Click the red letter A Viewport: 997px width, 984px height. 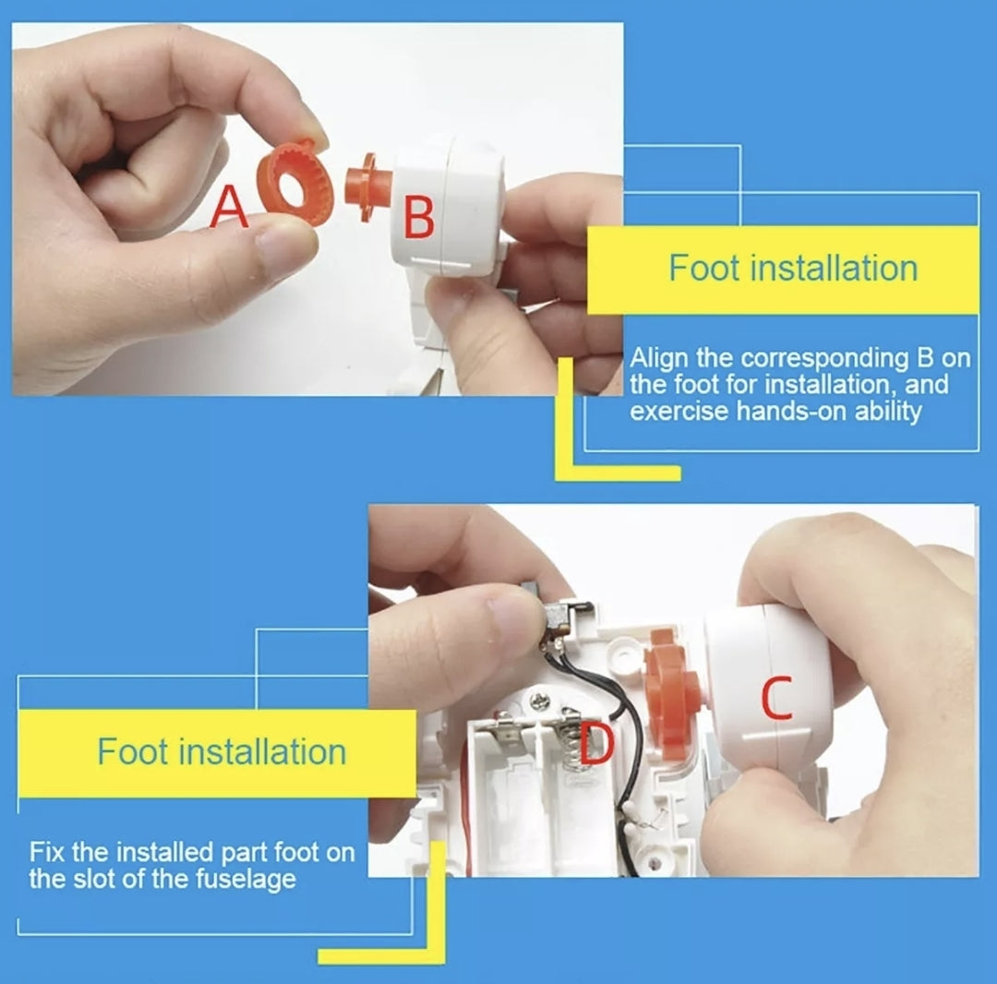click(229, 207)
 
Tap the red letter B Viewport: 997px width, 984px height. click(419, 217)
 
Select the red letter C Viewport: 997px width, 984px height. click(777, 697)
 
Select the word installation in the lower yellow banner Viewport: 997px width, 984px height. click(262, 752)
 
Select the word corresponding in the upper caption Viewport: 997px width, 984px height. click(826, 359)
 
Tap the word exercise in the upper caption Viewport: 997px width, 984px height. click(679, 411)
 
